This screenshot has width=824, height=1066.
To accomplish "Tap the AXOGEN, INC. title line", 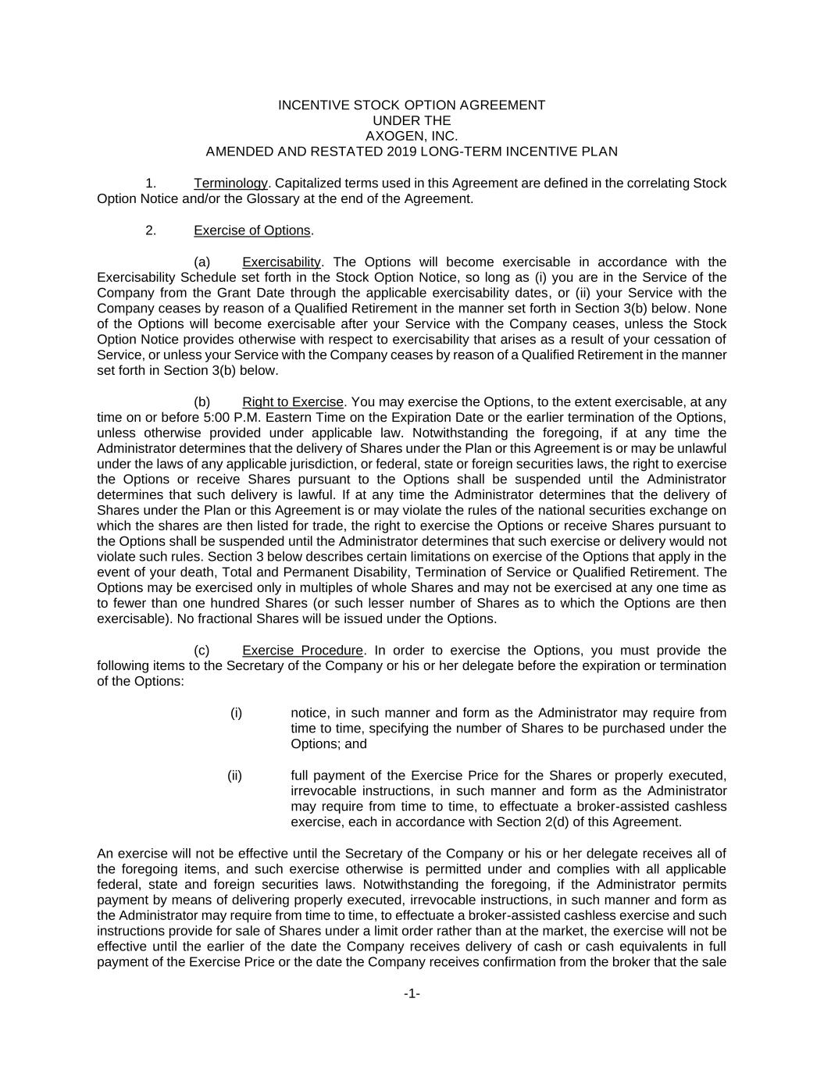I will click(x=412, y=136).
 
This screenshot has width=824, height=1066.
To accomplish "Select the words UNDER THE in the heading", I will click(x=412, y=120).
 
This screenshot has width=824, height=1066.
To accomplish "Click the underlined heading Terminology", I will click(x=230, y=184).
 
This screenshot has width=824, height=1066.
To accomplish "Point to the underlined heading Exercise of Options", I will click(x=252, y=230).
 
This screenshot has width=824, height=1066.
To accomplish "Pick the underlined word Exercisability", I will click(x=281, y=262).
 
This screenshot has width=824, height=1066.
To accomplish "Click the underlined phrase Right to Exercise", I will click(x=293, y=402).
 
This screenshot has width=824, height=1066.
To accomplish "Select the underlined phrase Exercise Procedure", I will click(x=302, y=651).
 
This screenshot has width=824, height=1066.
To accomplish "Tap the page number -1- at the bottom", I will click(x=412, y=993).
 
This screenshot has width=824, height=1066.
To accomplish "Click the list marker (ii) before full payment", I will click(x=234, y=775).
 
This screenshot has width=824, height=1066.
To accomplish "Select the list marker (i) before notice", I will click(x=236, y=713).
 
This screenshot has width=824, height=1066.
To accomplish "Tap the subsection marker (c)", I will click(x=202, y=651).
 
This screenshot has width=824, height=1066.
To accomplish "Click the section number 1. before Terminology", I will click(x=151, y=184).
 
